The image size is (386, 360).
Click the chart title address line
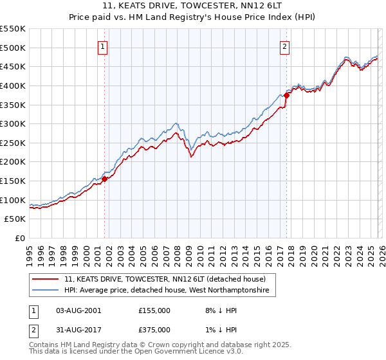(193, 6)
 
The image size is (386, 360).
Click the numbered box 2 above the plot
(284, 46)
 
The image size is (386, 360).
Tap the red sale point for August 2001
(104, 179)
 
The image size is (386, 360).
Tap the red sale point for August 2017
(287, 94)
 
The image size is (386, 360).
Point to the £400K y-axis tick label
(13, 85)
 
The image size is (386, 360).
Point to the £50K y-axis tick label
(15, 219)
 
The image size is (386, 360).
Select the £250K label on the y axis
(13, 143)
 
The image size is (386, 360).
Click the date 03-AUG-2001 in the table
(79, 310)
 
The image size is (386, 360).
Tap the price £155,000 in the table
(154, 310)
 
